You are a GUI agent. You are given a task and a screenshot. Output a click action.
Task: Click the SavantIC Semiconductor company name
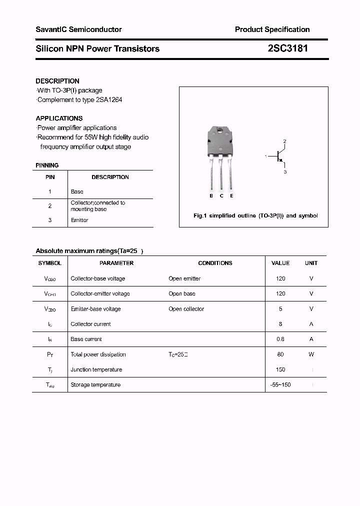pos(78,29)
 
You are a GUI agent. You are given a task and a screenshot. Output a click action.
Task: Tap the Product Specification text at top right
pos(272,29)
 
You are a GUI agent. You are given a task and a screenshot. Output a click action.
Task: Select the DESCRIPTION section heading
pos(57,81)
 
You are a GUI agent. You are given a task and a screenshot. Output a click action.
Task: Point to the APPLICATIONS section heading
pos(59,118)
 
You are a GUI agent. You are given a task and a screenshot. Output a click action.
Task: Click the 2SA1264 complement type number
pos(108,99)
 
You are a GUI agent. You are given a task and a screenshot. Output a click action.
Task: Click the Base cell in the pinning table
pos(77,191)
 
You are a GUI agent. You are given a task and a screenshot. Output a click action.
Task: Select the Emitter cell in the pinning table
pos(79,220)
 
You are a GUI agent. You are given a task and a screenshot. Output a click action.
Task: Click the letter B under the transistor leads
pos(211,196)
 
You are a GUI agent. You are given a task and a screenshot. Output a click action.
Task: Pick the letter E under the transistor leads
pos(231,196)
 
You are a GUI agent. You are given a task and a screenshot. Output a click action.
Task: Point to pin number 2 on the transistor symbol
pos(284,141)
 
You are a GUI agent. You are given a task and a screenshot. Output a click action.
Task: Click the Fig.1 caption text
pos(255,216)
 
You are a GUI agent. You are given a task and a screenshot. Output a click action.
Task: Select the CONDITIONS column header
pos(215,263)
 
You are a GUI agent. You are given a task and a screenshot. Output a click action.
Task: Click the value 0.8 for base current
pos(280,339)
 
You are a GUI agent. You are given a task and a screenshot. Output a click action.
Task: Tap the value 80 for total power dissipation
pos(280,354)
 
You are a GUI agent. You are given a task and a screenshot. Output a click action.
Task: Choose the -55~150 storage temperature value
pos(280,384)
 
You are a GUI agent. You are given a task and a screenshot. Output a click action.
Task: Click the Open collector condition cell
pos(186,309)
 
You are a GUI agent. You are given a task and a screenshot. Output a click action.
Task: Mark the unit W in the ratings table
pos(311,354)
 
